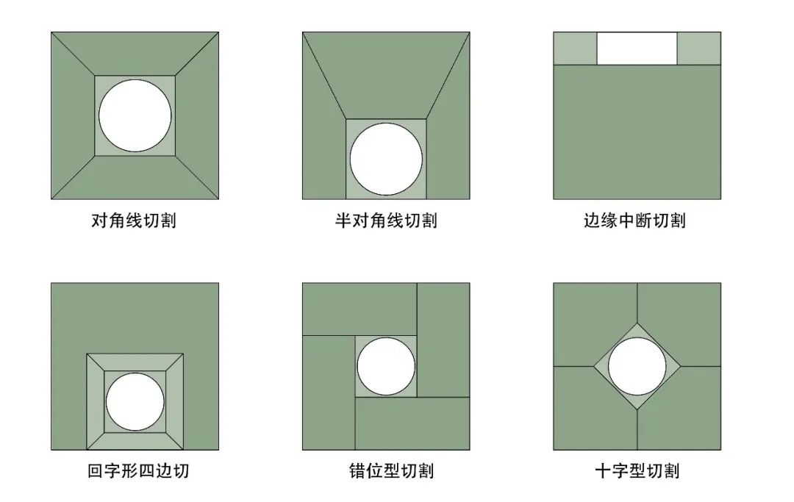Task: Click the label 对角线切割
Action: click(134, 220)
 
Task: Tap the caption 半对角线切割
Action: click(386, 220)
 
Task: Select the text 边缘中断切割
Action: click(635, 220)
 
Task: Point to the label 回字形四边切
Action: click(138, 471)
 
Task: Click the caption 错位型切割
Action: click(391, 471)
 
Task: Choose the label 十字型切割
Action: click(637, 471)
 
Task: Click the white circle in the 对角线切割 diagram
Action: click(135, 115)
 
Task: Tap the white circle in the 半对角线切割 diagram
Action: click(386, 159)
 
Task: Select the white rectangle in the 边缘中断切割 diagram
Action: click(637, 49)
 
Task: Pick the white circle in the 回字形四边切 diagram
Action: click(135, 402)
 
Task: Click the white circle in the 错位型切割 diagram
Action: click(386, 366)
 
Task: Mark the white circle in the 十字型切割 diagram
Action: click(637, 366)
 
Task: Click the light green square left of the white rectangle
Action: click(575, 49)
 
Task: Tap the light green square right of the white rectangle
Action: click(699, 49)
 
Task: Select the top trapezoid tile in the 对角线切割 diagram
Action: click(135, 54)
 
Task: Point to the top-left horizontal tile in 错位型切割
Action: click(360, 309)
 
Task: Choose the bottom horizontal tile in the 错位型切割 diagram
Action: click(412, 423)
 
